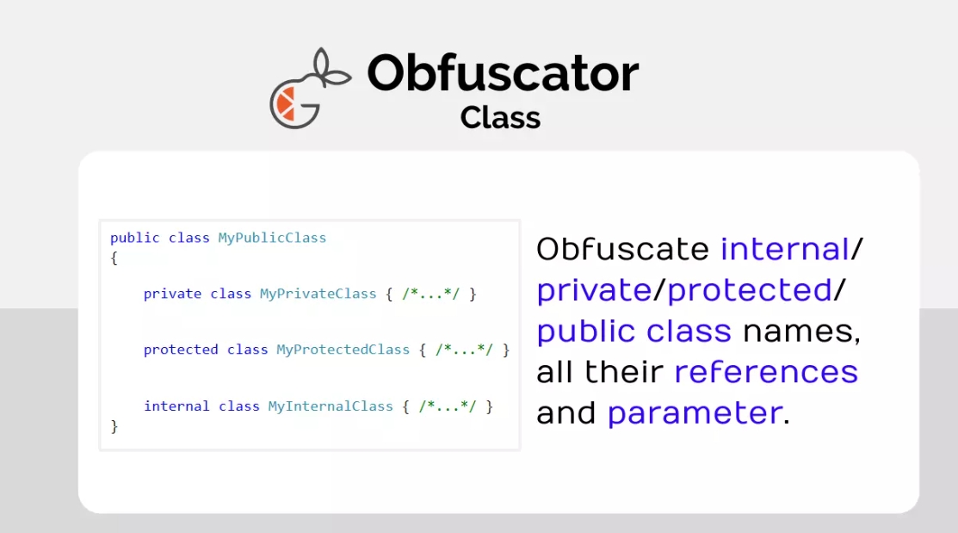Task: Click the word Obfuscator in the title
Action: (503, 72)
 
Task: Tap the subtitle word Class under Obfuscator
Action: (500, 117)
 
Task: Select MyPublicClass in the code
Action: (272, 238)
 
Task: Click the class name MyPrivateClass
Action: (318, 294)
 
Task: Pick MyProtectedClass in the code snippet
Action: (343, 350)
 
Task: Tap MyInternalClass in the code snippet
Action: (331, 406)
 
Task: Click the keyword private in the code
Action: (172, 294)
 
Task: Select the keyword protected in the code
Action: (181, 350)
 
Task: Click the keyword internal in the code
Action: (176, 406)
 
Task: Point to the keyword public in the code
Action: (135, 238)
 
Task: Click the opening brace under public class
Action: (114, 258)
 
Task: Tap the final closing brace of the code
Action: (114, 426)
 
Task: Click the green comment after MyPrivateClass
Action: (430, 294)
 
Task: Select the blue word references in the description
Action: (766, 372)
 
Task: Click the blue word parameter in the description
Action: (695, 413)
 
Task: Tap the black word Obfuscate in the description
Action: (622, 249)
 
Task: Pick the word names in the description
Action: (801, 332)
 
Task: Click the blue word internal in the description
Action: (785, 249)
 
